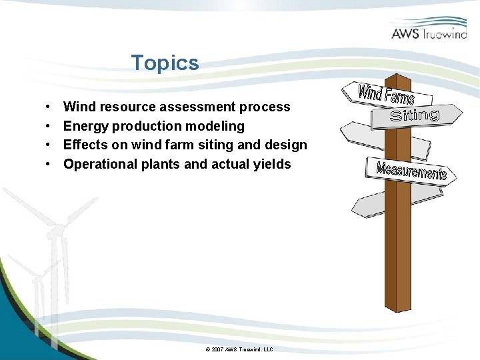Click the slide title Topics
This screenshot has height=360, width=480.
coord(165,63)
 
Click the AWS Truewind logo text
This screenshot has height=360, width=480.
coord(429,33)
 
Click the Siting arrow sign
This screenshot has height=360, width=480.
coord(416,115)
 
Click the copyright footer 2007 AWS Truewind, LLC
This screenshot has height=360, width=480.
coord(239,349)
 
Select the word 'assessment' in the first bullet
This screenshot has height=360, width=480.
coord(202,107)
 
